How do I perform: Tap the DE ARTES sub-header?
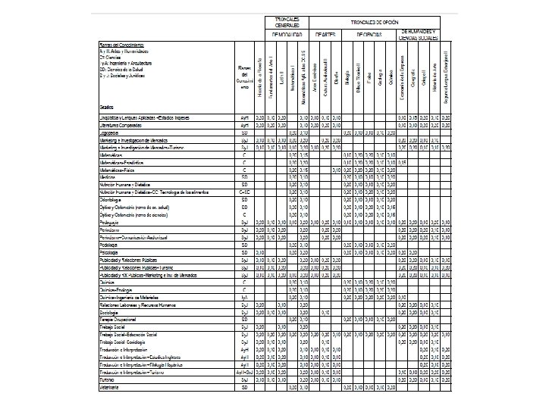click(x=325, y=35)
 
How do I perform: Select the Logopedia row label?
click(x=111, y=132)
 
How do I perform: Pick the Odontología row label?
click(x=113, y=198)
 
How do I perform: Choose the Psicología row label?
click(x=111, y=253)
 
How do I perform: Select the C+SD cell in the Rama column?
click(x=244, y=192)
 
